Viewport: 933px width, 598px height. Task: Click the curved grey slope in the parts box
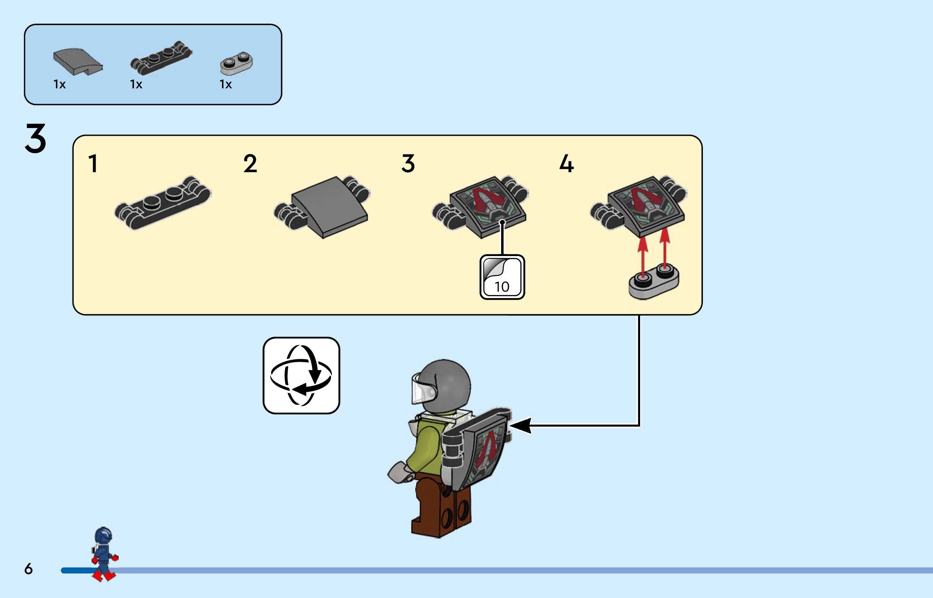(77, 62)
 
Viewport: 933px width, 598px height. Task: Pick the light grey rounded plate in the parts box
(236, 64)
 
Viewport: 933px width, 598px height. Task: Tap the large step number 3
(36, 139)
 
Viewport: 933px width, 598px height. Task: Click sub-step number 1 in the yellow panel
(93, 164)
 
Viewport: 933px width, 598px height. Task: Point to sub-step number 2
(250, 164)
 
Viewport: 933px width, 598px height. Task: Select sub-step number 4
(566, 164)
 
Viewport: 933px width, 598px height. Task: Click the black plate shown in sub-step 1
(163, 203)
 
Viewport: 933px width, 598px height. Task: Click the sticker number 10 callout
(502, 277)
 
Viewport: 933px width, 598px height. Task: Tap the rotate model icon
(301, 376)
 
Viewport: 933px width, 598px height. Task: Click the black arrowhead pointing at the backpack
(521, 425)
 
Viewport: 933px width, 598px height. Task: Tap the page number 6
(28, 569)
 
